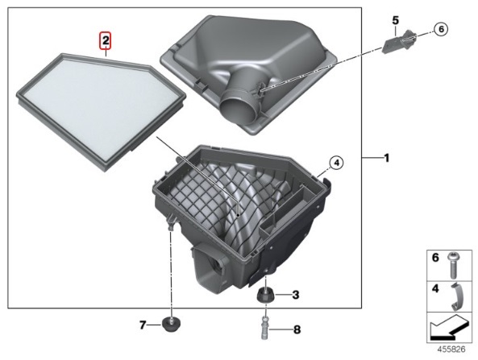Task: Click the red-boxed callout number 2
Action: tap(105, 41)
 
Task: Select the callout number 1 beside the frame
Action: tap(387, 158)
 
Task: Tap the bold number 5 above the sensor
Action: tap(395, 21)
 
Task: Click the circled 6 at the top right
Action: tap(441, 29)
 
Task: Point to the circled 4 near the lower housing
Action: tap(336, 163)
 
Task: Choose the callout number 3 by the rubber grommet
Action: tap(295, 295)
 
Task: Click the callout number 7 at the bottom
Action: tap(143, 325)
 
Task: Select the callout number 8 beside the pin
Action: tap(297, 329)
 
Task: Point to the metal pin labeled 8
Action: tap(265, 329)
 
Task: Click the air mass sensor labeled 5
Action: tap(395, 42)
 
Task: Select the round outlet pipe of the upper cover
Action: tap(239, 108)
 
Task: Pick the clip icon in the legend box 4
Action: tap(456, 296)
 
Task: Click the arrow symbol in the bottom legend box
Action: tap(449, 328)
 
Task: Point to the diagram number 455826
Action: tap(451, 350)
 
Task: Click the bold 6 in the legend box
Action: tap(435, 258)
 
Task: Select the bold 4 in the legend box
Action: tap(435, 288)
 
